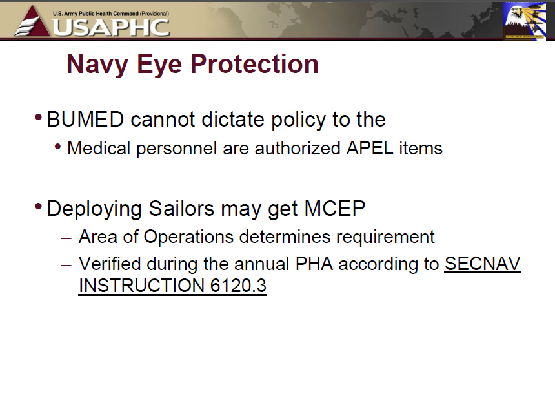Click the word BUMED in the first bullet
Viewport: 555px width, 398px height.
tap(85, 119)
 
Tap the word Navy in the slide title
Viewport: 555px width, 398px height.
tap(97, 65)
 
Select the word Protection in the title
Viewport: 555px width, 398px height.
tap(254, 64)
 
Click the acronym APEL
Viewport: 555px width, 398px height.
tap(370, 148)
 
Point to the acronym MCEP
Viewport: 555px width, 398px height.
tap(334, 208)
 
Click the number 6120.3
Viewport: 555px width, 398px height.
tap(238, 286)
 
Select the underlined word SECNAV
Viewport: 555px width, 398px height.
tap(483, 264)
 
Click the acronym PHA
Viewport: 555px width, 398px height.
tap(314, 264)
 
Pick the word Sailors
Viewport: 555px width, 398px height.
tap(181, 208)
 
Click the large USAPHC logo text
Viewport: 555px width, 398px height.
tap(111, 28)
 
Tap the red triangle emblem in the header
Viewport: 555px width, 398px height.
tap(32, 21)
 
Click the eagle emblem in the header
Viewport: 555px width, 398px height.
tap(525, 21)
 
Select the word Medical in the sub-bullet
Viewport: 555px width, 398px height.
tap(99, 148)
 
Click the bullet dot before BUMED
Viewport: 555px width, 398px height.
tap(39, 118)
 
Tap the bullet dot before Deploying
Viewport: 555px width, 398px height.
tap(39, 206)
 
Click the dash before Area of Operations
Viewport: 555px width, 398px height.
tap(66, 238)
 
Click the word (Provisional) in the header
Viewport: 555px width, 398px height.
tap(154, 14)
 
